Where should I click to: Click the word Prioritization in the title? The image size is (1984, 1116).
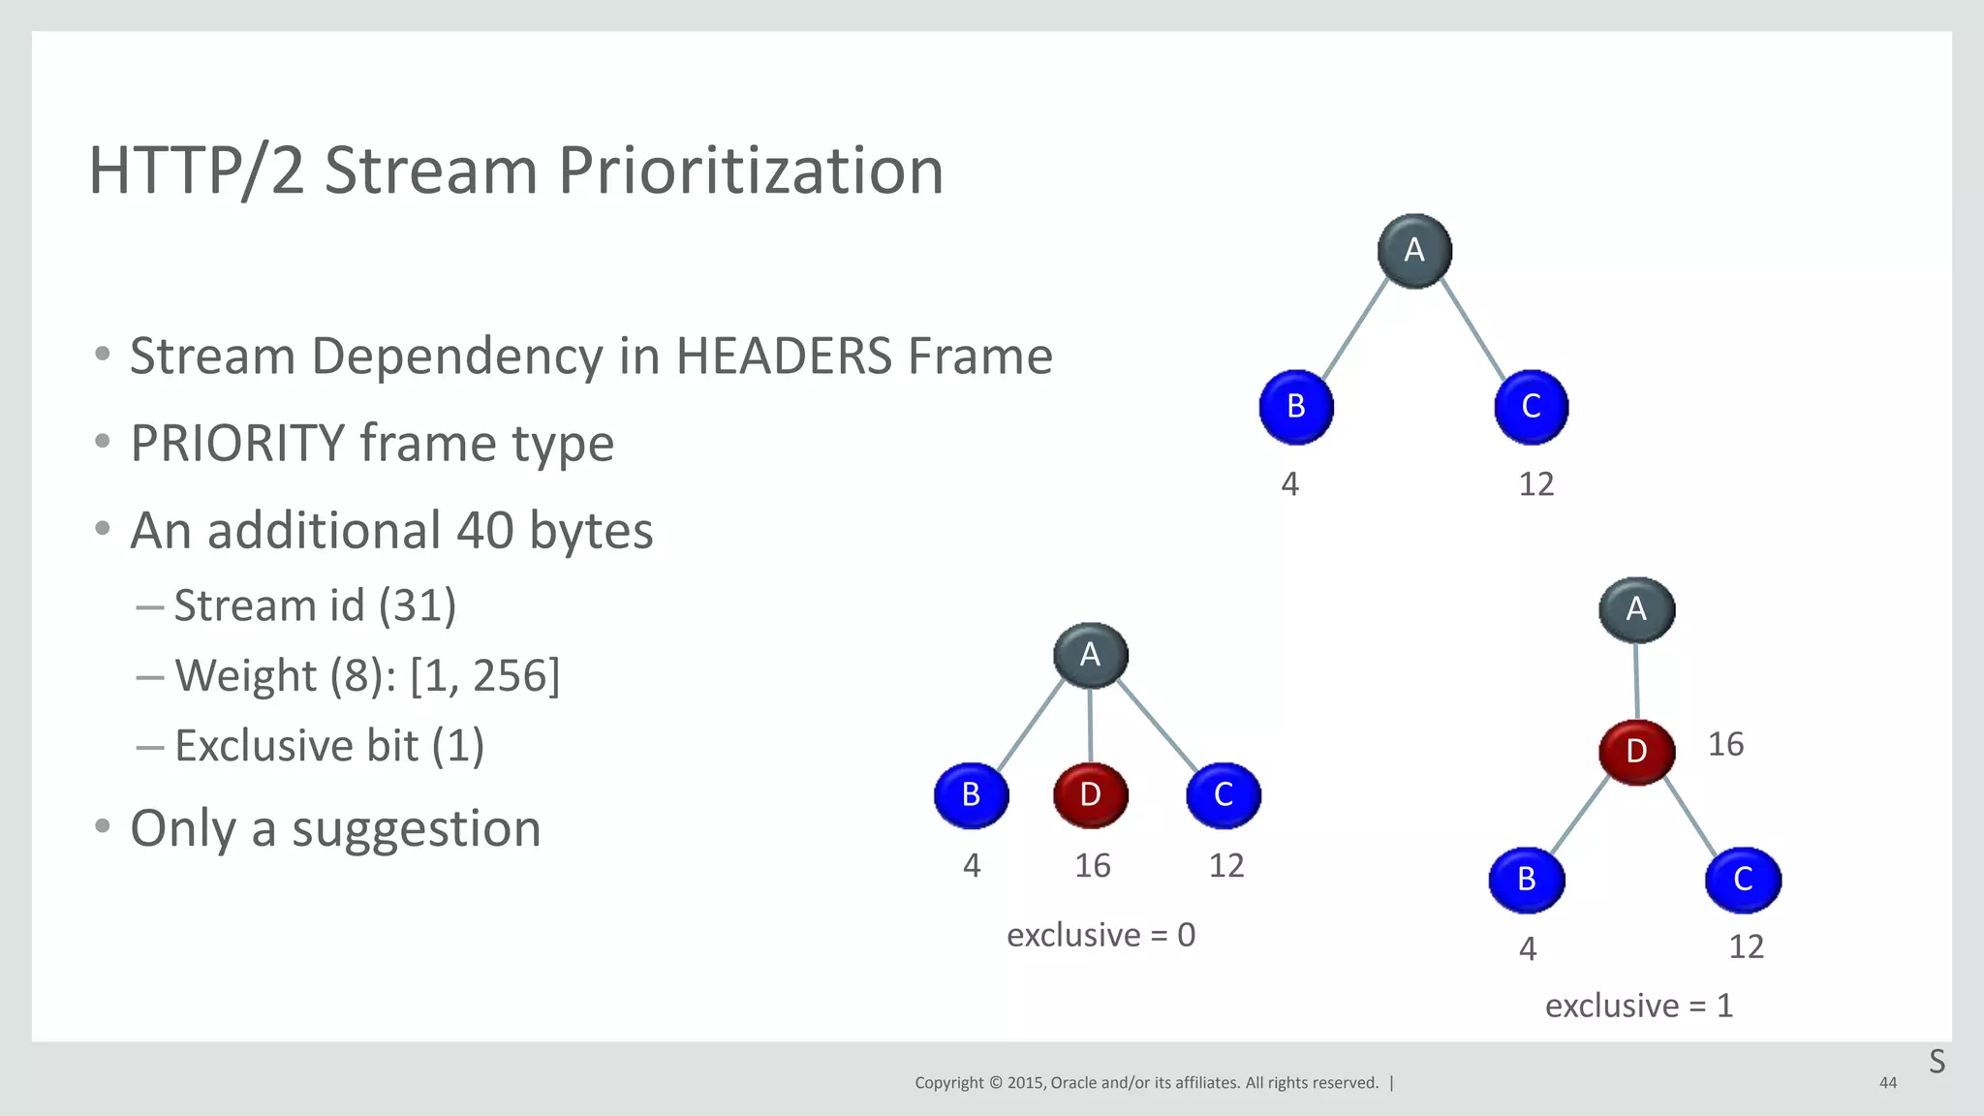(750, 171)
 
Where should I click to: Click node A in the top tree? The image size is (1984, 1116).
(1414, 251)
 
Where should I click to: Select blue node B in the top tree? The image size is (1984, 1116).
(1296, 407)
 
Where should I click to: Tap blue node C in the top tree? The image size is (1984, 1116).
(1531, 407)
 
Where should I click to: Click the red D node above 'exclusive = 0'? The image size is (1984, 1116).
(1091, 795)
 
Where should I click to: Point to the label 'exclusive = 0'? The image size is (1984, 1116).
(1100, 936)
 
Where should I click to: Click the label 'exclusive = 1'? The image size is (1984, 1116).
(1638, 1007)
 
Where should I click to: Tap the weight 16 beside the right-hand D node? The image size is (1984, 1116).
(1725, 745)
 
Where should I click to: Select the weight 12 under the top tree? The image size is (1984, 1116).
(1535, 484)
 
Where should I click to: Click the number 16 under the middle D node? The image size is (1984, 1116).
(1093, 866)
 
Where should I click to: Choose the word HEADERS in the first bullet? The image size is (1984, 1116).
(783, 356)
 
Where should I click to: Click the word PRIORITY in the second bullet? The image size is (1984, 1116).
(237, 445)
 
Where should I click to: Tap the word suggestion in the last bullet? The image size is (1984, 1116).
(416, 830)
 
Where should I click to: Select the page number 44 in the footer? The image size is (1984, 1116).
(1887, 1083)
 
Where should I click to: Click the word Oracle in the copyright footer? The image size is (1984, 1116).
(1072, 1083)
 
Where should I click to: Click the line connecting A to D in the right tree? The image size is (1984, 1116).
(1636, 681)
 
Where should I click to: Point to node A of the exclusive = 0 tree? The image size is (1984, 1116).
(1091, 655)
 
